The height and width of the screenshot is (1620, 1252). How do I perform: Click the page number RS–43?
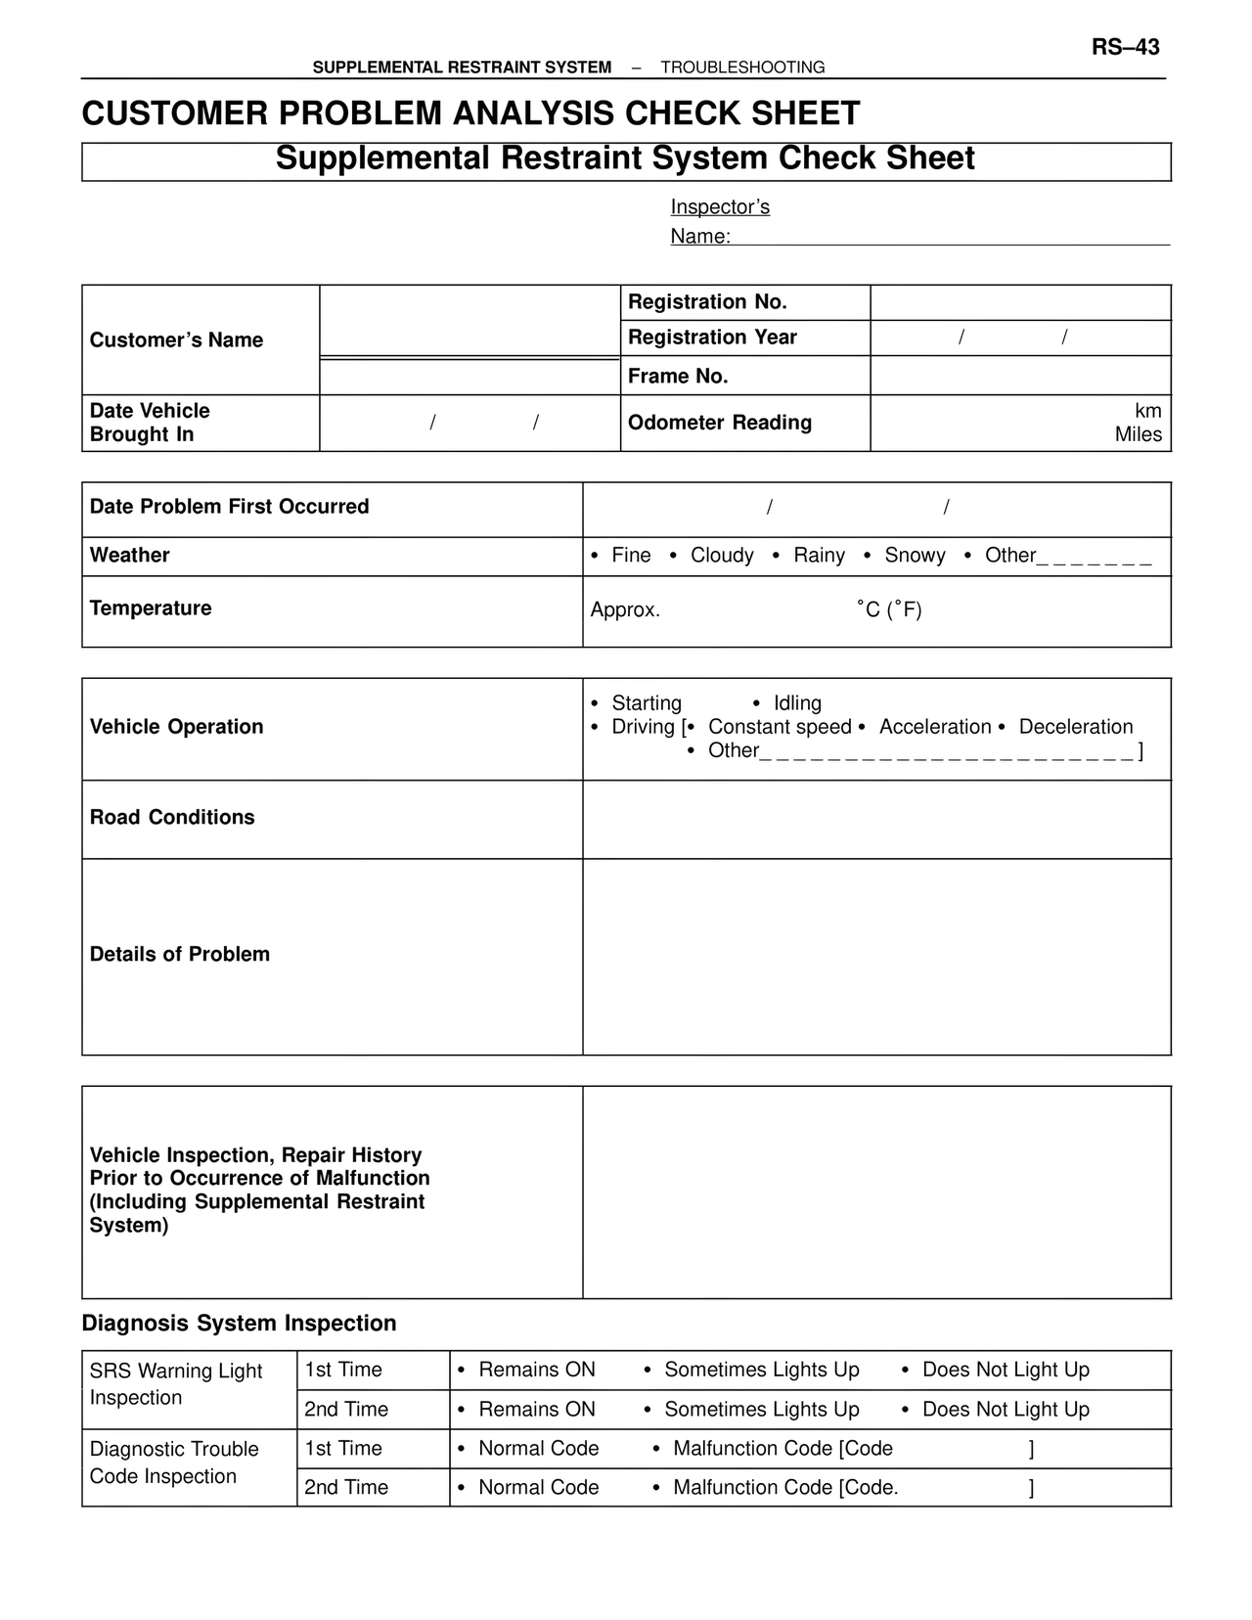1125,47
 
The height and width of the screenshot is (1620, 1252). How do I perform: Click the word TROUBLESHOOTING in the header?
742,67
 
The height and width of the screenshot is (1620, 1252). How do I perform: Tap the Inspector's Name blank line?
949,236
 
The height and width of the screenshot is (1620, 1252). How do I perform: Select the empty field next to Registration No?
1020,302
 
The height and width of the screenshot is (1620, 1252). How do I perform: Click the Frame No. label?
678,377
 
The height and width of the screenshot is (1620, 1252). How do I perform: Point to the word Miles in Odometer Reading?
1138,435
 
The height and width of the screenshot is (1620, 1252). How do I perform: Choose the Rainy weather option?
818,556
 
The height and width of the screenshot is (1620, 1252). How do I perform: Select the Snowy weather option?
914,556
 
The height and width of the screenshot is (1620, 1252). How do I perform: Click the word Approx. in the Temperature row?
625,610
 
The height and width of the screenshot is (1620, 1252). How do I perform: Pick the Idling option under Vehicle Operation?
796,703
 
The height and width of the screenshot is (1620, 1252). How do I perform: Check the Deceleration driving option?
1075,727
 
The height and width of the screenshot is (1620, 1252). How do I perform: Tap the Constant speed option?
779,727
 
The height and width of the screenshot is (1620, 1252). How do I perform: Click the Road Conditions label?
172,818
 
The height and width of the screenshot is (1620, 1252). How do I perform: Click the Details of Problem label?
180,955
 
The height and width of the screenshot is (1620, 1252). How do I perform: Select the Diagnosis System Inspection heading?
239,1324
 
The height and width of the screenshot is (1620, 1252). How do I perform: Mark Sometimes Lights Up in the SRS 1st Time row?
761,1371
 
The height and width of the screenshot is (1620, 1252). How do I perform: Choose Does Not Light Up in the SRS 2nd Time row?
1005,1410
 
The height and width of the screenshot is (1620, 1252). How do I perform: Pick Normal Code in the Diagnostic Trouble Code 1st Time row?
537,1449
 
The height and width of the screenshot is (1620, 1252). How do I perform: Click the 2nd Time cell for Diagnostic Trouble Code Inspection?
346,1488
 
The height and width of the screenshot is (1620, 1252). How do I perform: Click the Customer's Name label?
176,340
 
